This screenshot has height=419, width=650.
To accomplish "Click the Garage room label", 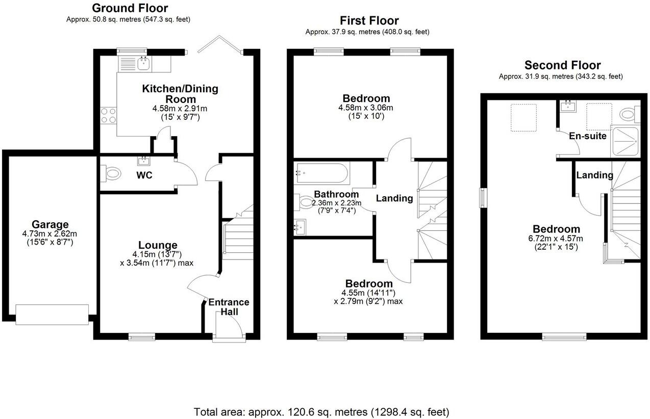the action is [50, 224].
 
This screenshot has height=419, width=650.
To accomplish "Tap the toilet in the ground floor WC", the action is [111, 174].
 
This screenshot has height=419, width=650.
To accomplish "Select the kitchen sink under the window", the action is [144, 63].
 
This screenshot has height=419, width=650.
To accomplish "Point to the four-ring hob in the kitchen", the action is [108, 116].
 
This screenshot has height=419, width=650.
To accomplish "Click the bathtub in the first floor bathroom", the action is [322, 173].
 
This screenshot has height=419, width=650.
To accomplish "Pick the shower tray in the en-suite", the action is [625, 142].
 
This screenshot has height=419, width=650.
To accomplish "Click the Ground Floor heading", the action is [130, 8].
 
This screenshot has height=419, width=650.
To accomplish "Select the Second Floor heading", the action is [562, 65].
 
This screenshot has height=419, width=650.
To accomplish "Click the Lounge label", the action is [158, 245].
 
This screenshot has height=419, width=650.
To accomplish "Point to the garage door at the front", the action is [52, 315].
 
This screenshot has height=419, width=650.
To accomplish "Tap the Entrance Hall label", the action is [229, 307].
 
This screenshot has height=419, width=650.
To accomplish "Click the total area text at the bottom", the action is [321, 412].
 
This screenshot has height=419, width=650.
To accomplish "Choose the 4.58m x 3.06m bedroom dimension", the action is [366, 108].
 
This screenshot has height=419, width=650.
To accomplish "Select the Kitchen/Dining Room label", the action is [180, 94].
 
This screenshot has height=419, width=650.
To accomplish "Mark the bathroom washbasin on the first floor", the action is [300, 227].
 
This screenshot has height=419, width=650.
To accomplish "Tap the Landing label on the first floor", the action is [394, 198].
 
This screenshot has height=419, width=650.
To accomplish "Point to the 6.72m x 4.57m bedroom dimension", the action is [556, 239].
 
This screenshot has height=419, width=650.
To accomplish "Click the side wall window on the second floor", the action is [483, 198].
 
